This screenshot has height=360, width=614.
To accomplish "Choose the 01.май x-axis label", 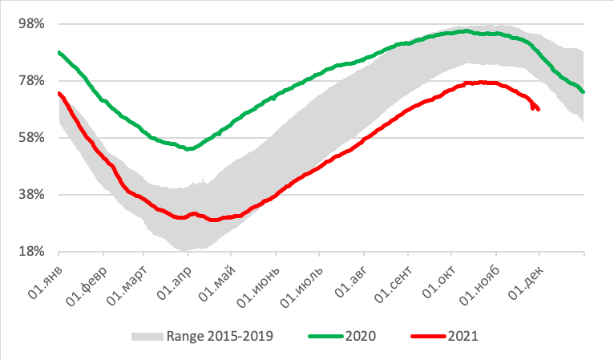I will click(220, 276).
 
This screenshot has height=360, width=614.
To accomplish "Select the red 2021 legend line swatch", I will click(429, 336).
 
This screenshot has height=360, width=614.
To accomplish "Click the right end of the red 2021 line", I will click(539, 110).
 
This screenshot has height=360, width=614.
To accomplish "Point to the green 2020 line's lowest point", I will click(188, 149).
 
